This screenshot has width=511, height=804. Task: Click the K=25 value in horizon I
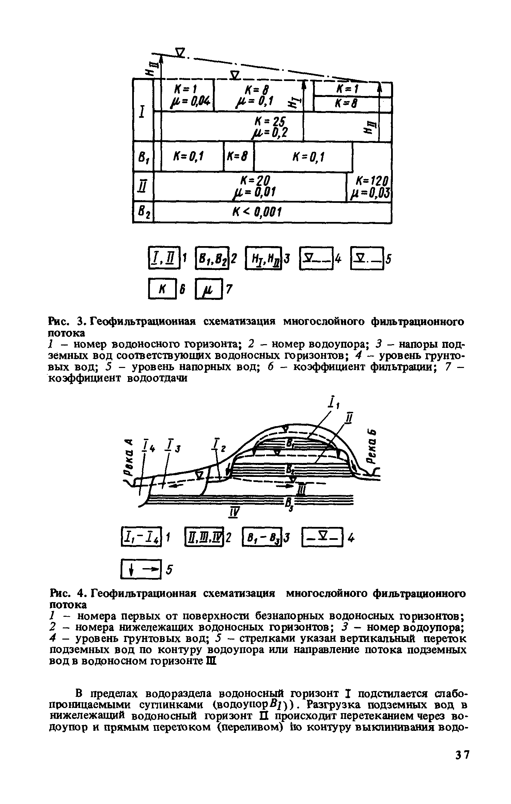click(x=270, y=121)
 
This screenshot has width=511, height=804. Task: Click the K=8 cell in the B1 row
click(x=238, y=157)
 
